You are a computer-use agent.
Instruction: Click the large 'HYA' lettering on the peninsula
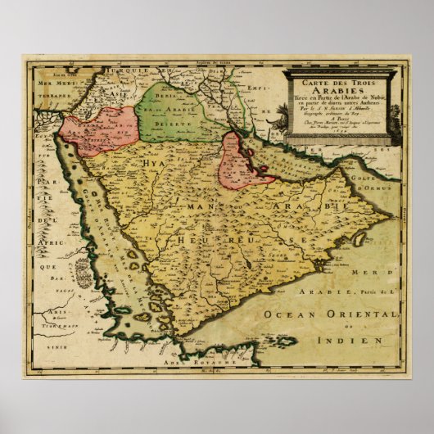(155, 164)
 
